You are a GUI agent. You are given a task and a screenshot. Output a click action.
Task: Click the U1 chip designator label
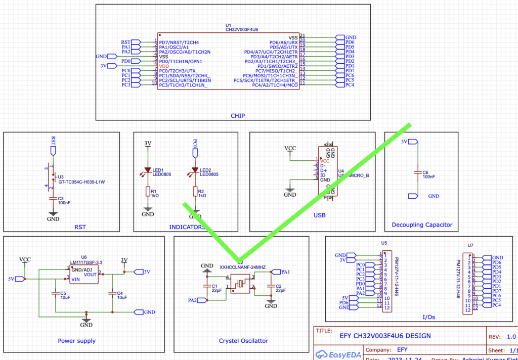pyautogui.click(x=228, y=25)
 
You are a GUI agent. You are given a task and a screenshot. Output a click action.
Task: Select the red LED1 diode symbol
pyautogui.click(x=148, y=170)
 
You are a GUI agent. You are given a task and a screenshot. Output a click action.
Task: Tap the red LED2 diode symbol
pyautogui.click(x=195, y=170)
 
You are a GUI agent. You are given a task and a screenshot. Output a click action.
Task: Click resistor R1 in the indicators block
pyautogui.click(x=148, y=192)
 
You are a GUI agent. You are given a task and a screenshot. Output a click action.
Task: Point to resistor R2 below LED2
pyautogui.click(x=195, y=192)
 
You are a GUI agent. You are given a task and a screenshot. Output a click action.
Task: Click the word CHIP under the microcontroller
pyautogui.click(x=237, y=116)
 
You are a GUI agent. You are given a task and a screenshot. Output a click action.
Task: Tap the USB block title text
pyautogui.click(x=319, y=215)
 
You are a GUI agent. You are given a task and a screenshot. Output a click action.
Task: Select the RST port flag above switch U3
pyautogui.click(x=53, y=150)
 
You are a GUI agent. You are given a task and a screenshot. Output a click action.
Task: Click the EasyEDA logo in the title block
pyautogui.click(x=338, y=354)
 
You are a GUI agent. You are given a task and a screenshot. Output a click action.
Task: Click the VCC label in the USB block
pyautogui.click(x=290, y=148)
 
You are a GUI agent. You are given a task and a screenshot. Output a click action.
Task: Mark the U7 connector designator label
pyautogui.click(x=470, y=245)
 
